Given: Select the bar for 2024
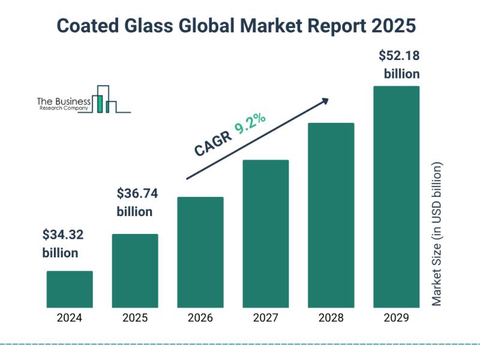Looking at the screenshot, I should (70, 289).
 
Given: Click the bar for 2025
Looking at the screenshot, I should (135, 271).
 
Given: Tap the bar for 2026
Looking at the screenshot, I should (200, 252).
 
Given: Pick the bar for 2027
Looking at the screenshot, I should (266, 233).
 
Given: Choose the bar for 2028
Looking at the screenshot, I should (331, 215).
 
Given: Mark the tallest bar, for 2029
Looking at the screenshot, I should (397, 196).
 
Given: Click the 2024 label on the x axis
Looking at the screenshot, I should (70, 319).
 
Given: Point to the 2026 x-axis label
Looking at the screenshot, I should (200, 319).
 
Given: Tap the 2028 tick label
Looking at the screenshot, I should (331, 319).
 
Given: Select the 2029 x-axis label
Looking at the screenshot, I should (397, 319).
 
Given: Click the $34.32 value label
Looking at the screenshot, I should (62, 235).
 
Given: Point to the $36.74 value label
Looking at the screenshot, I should (137, 194).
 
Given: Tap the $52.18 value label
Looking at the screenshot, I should (399, 56).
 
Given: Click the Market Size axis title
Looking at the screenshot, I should (437, 233).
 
